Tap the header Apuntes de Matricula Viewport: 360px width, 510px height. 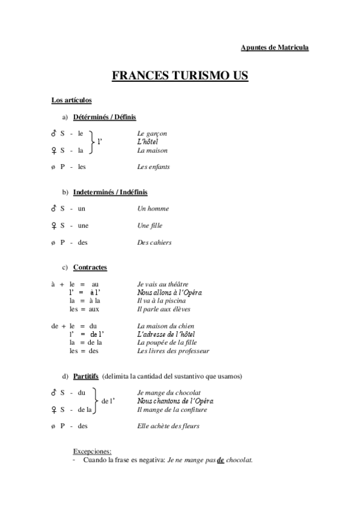274,47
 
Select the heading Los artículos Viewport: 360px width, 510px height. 72,100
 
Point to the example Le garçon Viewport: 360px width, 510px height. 152,134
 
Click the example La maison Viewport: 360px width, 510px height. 152,150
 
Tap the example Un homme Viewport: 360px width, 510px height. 153,209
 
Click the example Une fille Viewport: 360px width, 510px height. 150,226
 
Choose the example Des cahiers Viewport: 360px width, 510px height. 154,242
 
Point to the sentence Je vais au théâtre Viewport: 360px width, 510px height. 163,284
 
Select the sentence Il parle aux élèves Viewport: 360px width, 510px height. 163,309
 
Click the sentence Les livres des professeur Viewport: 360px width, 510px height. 173,351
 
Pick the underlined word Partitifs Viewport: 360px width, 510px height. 86,376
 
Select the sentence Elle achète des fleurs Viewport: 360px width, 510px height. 168,426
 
